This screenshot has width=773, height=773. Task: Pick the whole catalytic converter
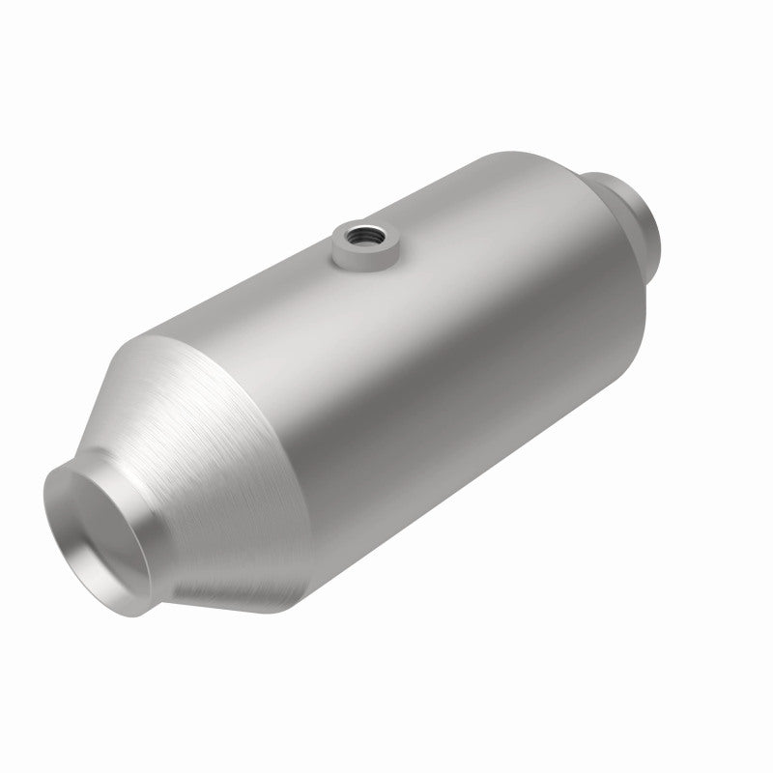[x=386, y=386]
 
